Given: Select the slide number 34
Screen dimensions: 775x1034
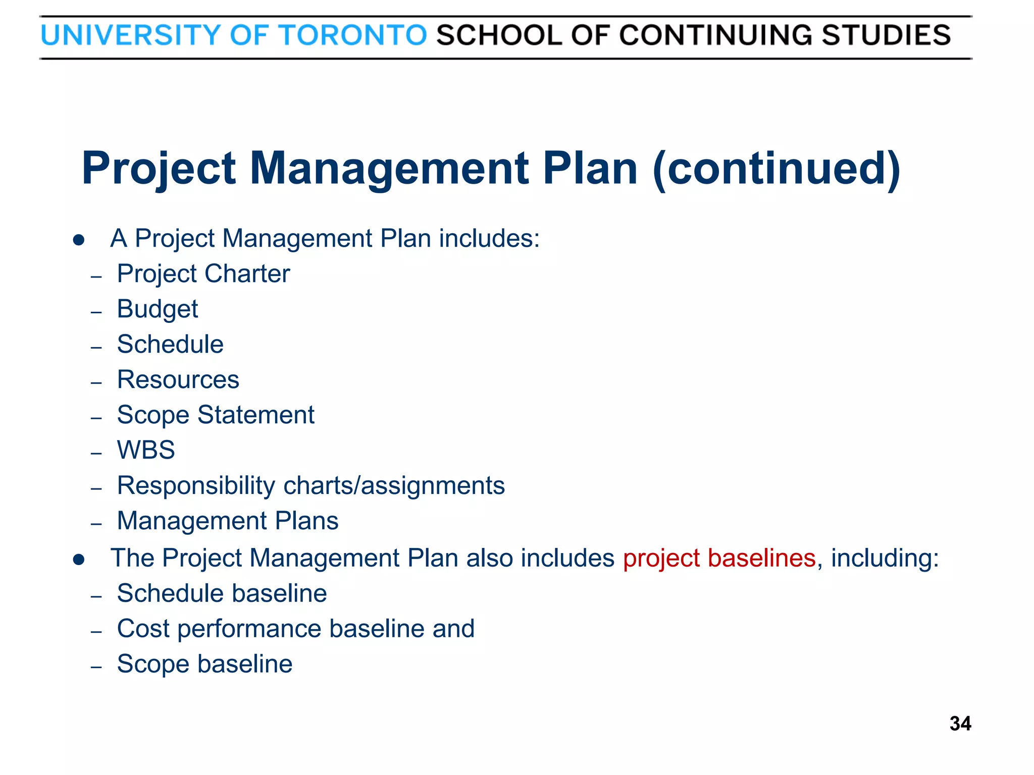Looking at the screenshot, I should [x=960, y=724].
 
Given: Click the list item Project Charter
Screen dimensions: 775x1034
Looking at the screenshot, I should [x=203, y=274].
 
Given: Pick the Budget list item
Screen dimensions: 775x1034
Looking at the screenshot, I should [x=158, y=309].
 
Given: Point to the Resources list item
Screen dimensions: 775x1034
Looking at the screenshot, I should [x=178, y=379].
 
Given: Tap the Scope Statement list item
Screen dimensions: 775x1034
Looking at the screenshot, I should [x=216, y=415].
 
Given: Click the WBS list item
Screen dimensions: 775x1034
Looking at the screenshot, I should [x=146, y=450].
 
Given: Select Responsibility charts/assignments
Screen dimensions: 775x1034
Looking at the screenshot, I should [x=311, y=485].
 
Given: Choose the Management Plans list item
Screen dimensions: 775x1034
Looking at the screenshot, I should [x=228, y=521].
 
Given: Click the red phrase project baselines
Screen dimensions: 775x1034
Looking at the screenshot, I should [x=719, y=558].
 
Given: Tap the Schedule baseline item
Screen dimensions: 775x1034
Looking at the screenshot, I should [x=222, y=593].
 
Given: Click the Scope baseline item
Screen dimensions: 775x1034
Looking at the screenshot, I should [x=204, y=664].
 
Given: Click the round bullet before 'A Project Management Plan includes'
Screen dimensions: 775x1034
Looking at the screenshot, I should [x=78, y=240].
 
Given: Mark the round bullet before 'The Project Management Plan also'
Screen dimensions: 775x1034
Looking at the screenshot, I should [x=78, y=560].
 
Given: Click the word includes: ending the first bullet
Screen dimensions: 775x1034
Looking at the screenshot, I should [x=489, y=238].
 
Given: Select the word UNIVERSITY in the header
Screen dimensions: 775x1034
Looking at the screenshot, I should [x=130, y=35].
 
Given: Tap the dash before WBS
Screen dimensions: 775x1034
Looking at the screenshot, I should [x=96, y=453].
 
